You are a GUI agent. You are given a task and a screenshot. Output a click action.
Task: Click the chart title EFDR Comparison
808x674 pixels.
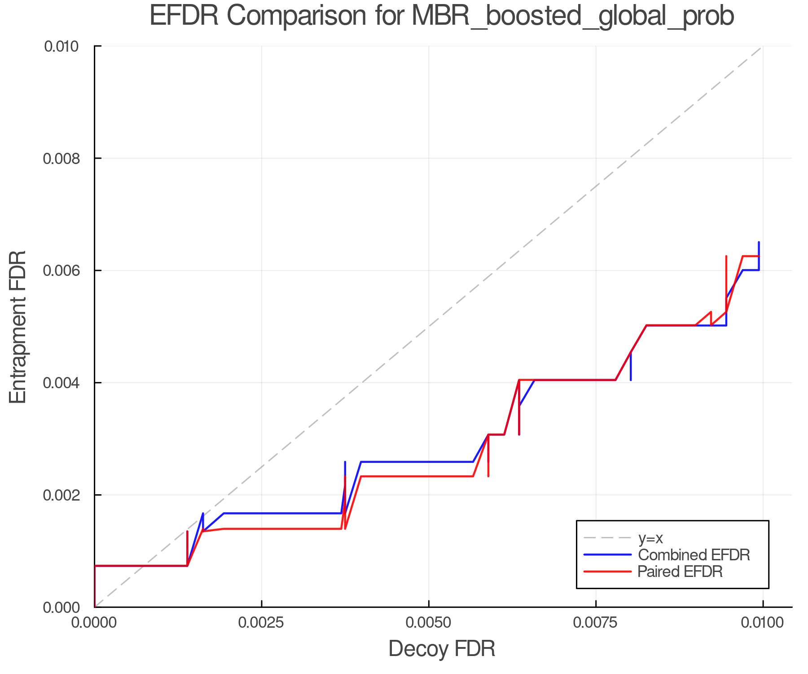coord(442,16)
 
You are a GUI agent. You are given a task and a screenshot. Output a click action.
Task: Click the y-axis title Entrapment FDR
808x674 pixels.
coord(18,327)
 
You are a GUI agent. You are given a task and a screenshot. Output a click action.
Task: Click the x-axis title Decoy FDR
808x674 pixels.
coord(442,649)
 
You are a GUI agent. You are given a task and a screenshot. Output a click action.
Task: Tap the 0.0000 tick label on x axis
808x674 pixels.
coord(94,623)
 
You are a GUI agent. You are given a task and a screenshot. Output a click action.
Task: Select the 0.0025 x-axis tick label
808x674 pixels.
coord(262,623)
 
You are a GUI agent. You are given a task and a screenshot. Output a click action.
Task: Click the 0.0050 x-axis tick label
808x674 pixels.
coord(429,623)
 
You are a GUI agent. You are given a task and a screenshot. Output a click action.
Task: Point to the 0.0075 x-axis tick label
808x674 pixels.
coord(596,623)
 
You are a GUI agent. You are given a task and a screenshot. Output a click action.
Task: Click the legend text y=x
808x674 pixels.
coord(650,538)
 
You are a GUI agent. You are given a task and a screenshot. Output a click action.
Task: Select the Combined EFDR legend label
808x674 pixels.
coord(694,554)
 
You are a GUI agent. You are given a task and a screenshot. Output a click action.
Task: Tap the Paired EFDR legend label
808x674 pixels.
coord(680,572)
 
